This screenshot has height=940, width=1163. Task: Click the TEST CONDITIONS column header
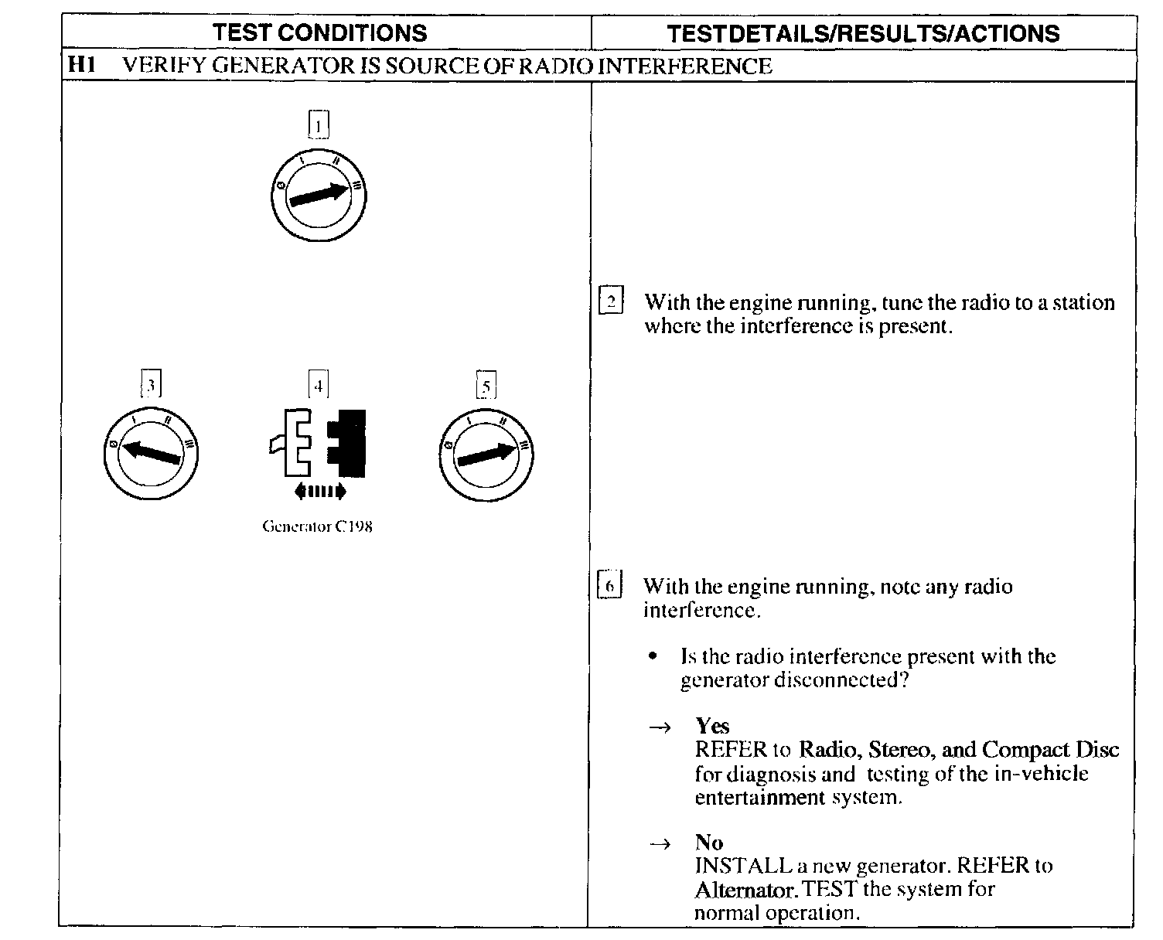[319, 32]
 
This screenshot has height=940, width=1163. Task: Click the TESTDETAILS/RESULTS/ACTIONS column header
[863, 33]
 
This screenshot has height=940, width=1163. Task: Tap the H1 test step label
[81, 65]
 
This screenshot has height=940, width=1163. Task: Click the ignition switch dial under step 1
[318, 195]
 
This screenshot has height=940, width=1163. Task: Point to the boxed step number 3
[152, 384]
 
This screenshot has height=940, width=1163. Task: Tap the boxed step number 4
[318, 384]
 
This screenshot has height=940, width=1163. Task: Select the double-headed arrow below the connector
[320, 491]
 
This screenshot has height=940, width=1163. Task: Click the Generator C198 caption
[317, 527]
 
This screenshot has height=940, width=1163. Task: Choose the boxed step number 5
[486, 385]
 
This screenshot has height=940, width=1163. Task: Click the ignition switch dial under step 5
[486, 455]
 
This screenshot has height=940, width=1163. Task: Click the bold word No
[709, 842]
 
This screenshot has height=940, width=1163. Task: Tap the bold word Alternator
[745, 890]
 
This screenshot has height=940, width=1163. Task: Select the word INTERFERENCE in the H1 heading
[685, 66]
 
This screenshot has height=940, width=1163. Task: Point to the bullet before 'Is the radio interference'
[653, 657]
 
